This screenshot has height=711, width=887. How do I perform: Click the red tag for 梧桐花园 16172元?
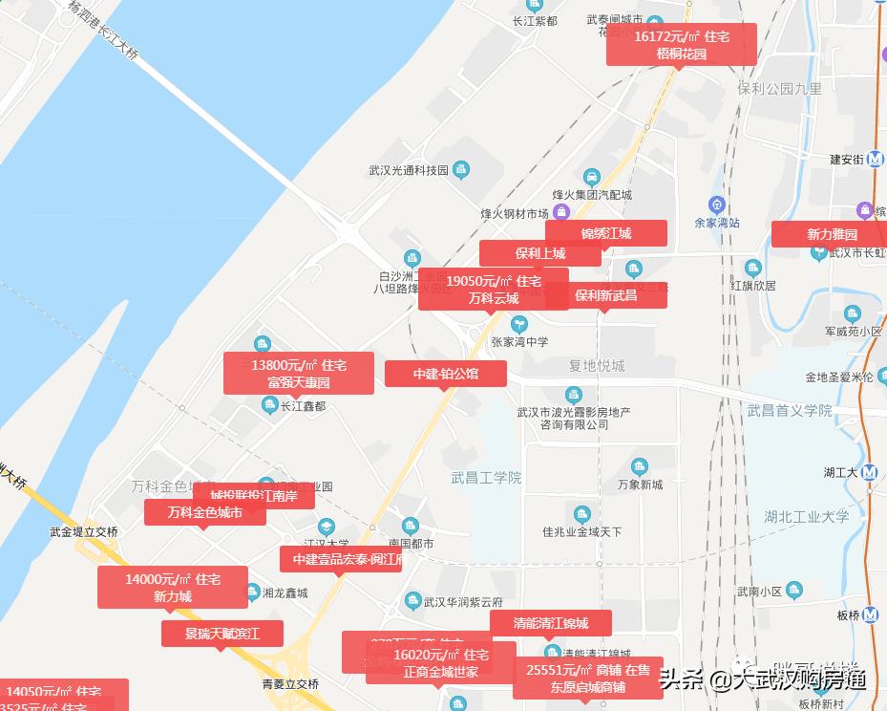682,45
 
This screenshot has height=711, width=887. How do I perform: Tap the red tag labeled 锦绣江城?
606,233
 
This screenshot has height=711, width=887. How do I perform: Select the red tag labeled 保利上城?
540,253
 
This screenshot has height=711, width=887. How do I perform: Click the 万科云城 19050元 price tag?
494,289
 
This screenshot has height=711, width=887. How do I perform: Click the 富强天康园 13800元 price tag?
299,373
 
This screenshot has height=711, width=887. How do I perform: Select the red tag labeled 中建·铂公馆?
446,374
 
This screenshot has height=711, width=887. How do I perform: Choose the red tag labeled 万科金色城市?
204,512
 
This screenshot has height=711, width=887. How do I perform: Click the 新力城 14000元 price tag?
173,587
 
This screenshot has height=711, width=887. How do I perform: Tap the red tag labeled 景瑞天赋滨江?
222,633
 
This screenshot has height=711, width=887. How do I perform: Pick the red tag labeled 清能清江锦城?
550,623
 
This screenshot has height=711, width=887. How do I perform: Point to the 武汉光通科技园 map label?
409,171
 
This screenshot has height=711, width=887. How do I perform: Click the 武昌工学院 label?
487,477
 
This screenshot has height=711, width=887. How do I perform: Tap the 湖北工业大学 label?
806,516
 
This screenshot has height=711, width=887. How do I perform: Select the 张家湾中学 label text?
519,342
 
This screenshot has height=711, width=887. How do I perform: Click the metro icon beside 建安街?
876,160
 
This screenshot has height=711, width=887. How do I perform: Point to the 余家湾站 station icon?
717,205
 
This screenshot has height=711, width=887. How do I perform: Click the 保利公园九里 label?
779,88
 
